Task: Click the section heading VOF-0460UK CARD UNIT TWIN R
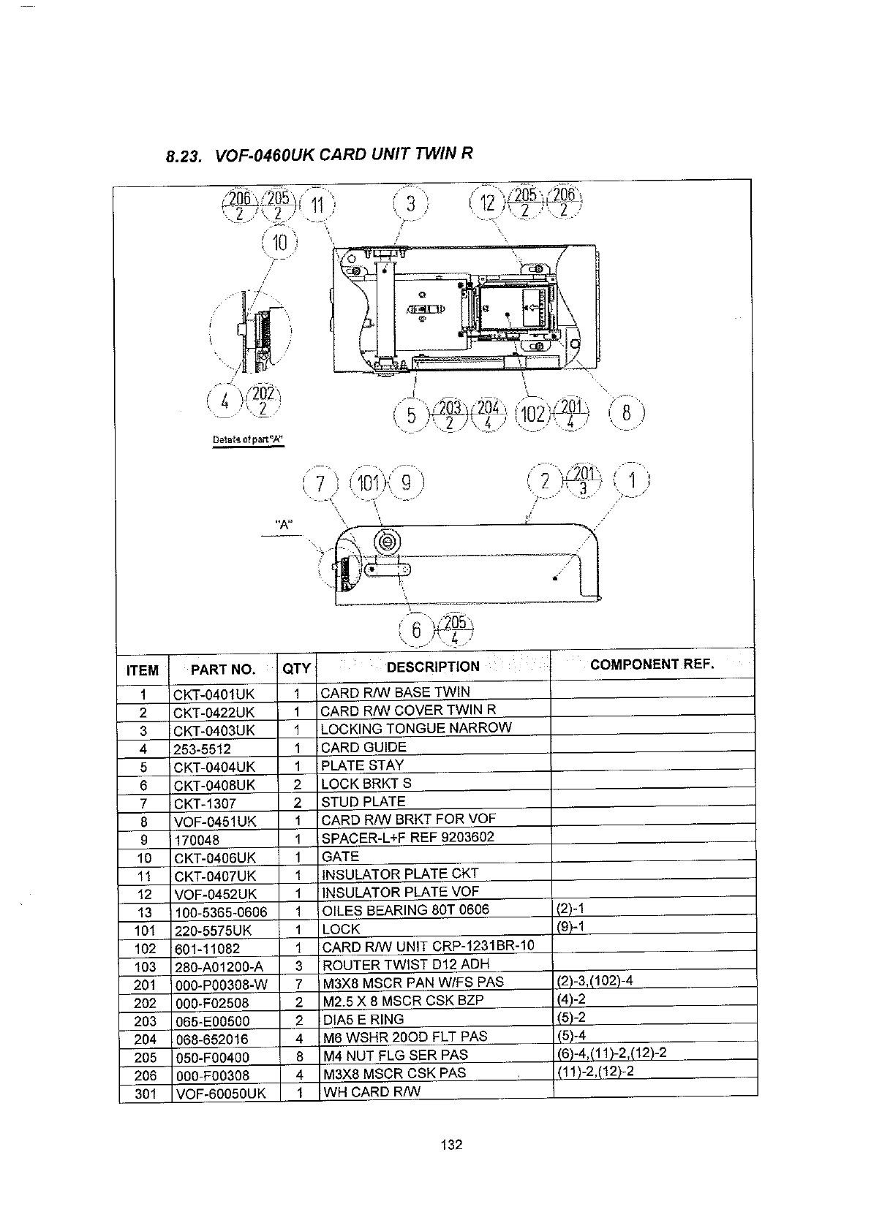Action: pyautogui.click(x=319, y=154)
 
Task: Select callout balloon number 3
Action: pyautogui.click(x=411, y=204)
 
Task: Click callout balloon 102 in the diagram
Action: pyautogui.click(x=532, y=414)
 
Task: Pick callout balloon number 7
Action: pyautogui.click(x=320, y=483)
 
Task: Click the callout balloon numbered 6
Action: pyautogui.click(x=416, y=630)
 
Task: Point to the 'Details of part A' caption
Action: pyautogui.click(x=247, y=439)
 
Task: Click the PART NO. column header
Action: pyautogui.click(x=223, y=669)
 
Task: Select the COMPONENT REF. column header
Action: pyautogui.click(x=652, y=664)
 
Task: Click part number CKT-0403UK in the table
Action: pyautogui.click(x=214, y=730)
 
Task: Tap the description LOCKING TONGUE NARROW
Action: pyautogui.click(x=417, y=728)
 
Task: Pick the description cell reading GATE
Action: pyautogui.click(x=341, y=856)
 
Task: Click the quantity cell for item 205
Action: pyautogui.click(x=298, y=1056)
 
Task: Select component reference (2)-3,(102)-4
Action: pyautogui.click(x=594, y=981)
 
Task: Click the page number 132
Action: pyautogui.click(x=452, y=1145)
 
